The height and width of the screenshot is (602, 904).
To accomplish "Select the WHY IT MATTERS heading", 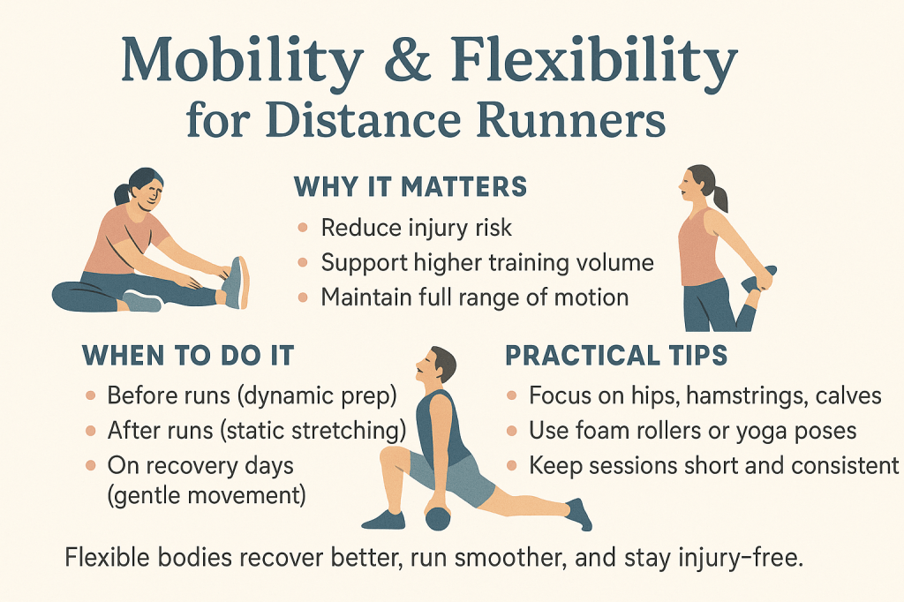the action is click(411, 187).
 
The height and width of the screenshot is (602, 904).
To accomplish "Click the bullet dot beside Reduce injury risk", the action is click(303, 228).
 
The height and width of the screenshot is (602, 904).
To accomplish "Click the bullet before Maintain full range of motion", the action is click(303, 297).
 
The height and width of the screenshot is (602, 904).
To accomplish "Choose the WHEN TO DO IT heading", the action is click(188, 355).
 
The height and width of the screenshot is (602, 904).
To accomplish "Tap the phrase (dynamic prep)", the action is click(317, 396).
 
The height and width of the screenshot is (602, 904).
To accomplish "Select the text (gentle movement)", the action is click(207, 495).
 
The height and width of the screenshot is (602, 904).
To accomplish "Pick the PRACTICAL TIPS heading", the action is click(616, 355).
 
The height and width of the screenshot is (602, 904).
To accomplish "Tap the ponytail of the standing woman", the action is click(719, 196).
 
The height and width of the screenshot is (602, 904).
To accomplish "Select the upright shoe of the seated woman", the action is click(236, 282).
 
